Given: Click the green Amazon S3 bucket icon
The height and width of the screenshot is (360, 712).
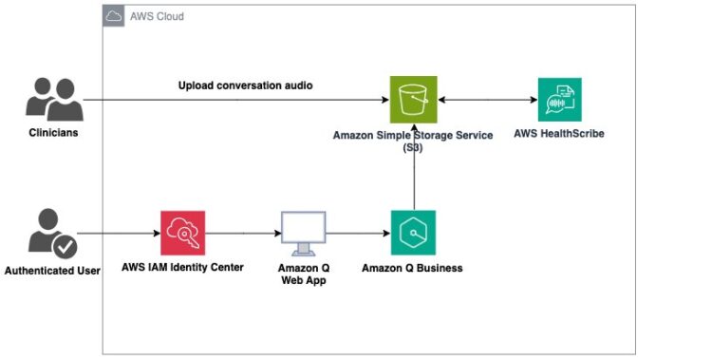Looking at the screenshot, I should (x=413, y=99).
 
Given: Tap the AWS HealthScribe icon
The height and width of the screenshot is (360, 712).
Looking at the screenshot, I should (x=559, y=99).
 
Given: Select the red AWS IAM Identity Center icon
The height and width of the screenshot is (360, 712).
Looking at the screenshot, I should (x=181, y=233).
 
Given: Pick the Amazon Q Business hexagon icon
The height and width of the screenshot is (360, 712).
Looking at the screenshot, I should (x=413, y=233).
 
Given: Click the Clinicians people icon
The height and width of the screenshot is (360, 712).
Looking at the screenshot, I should (x=52, y=98).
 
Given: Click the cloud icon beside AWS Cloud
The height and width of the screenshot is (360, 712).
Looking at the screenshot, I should (x=114, y=16).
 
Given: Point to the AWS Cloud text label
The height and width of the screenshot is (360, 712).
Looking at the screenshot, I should (x=157, y=17).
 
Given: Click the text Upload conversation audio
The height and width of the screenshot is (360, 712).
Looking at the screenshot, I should (x=246, y=85).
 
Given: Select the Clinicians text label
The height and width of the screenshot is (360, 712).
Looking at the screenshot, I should (x=53, y=133).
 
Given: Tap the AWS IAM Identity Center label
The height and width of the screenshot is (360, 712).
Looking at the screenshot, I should (x=182, y=268).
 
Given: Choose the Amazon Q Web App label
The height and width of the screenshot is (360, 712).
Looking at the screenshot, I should (x=303, y=275).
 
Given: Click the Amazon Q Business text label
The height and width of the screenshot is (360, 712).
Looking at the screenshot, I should (x=412, y=268).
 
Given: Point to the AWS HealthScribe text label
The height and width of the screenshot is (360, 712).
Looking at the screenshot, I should (x=558, y=134).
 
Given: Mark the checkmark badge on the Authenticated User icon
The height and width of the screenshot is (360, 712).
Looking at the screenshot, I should (x=65, y=247).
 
